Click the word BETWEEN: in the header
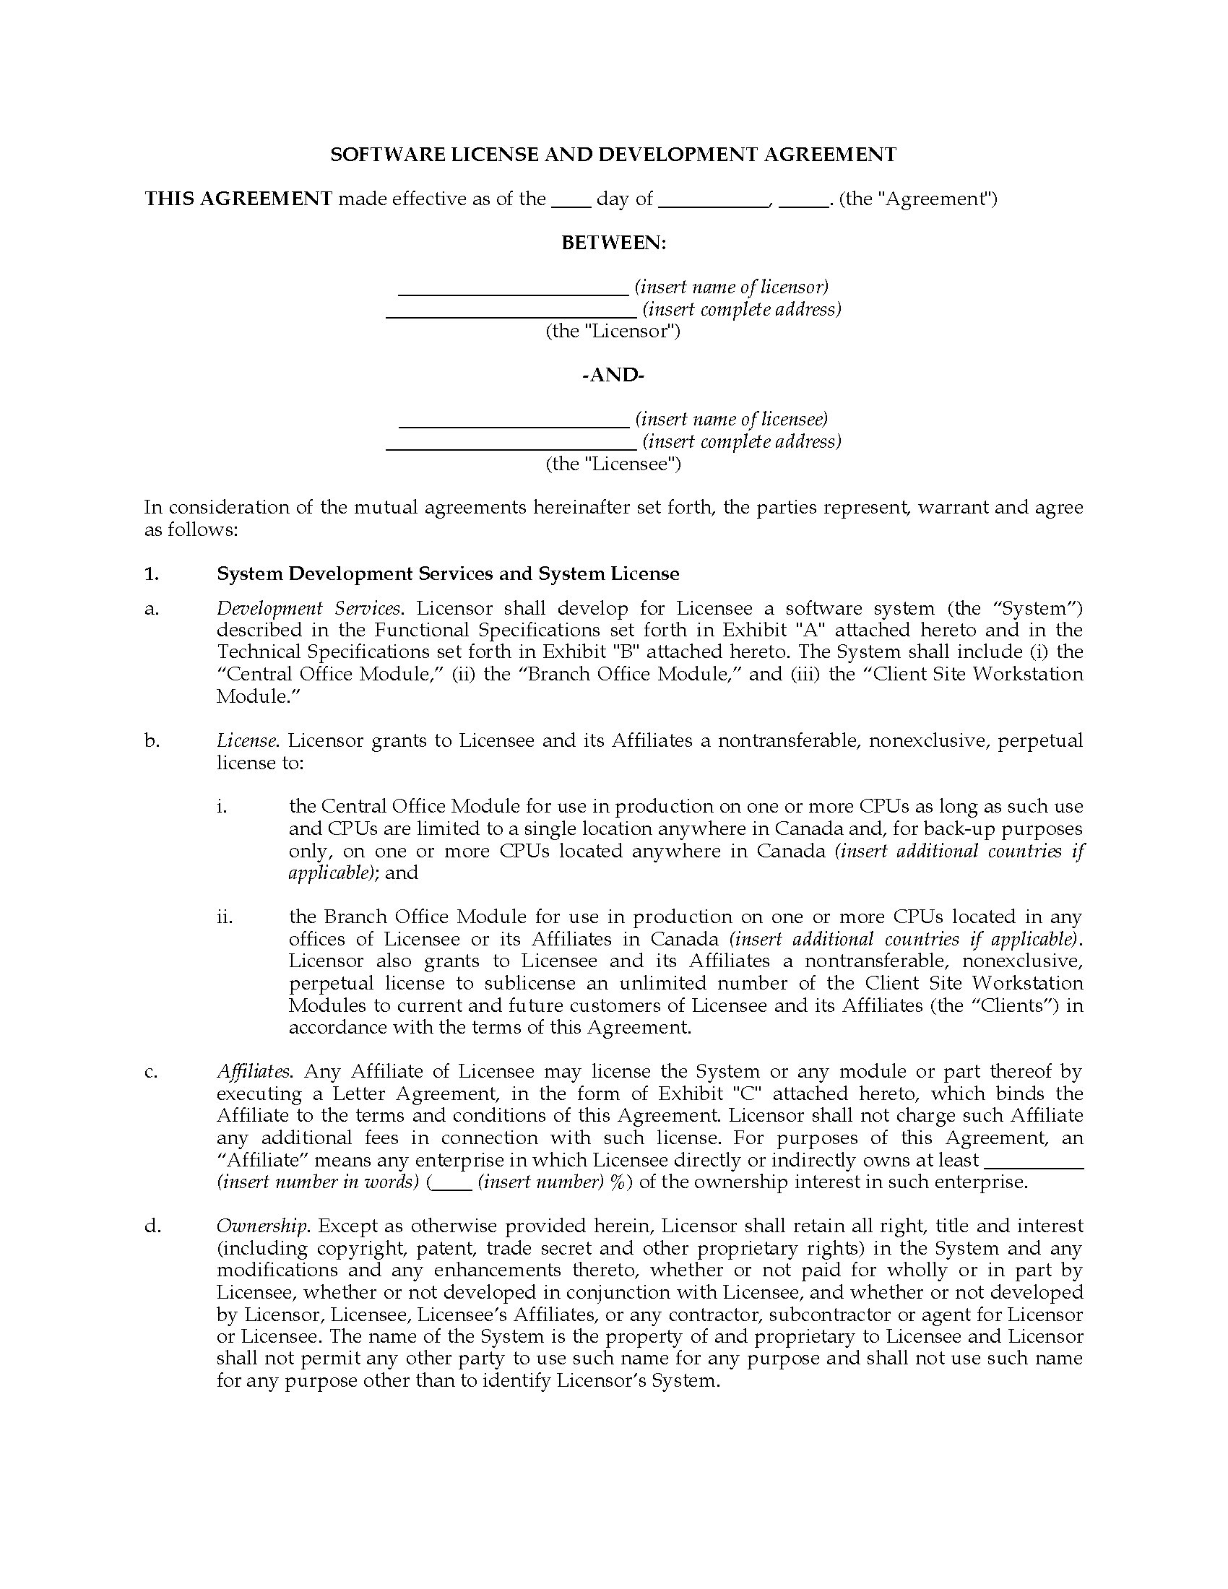click(x=613, y=243)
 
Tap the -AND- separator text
click(x=613, y=376)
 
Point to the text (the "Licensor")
click(x=613, y=332)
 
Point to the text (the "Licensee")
click(x=613, y=464)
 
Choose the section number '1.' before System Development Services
click(x=151, y=574)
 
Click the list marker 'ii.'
click(x=225, y=917)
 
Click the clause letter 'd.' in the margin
click(x=152, y=1226)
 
